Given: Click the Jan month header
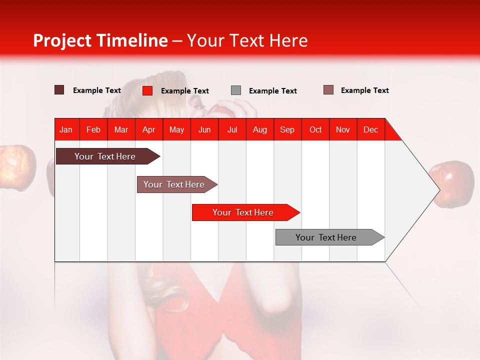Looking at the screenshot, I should coord(66,129).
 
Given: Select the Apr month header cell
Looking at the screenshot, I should coord(149,129).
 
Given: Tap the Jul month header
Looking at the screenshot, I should coord(232,129).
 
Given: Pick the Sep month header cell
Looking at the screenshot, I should coord(287,129).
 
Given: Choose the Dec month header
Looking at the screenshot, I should coord(370,129).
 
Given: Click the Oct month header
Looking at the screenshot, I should coord(315,129).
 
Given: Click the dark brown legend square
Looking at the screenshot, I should coord(59,90).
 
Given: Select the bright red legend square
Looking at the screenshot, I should coord(147,90).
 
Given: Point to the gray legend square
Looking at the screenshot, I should coord(236,90).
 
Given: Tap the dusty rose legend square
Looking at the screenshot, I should coord(328,90).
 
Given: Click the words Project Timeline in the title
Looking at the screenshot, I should coord(100,40).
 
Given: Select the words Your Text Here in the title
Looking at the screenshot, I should coord(247,40).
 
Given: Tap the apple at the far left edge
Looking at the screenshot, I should coord(17,167).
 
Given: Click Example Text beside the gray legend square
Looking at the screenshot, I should coord(272,91).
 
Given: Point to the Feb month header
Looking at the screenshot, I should coord(93,129).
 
